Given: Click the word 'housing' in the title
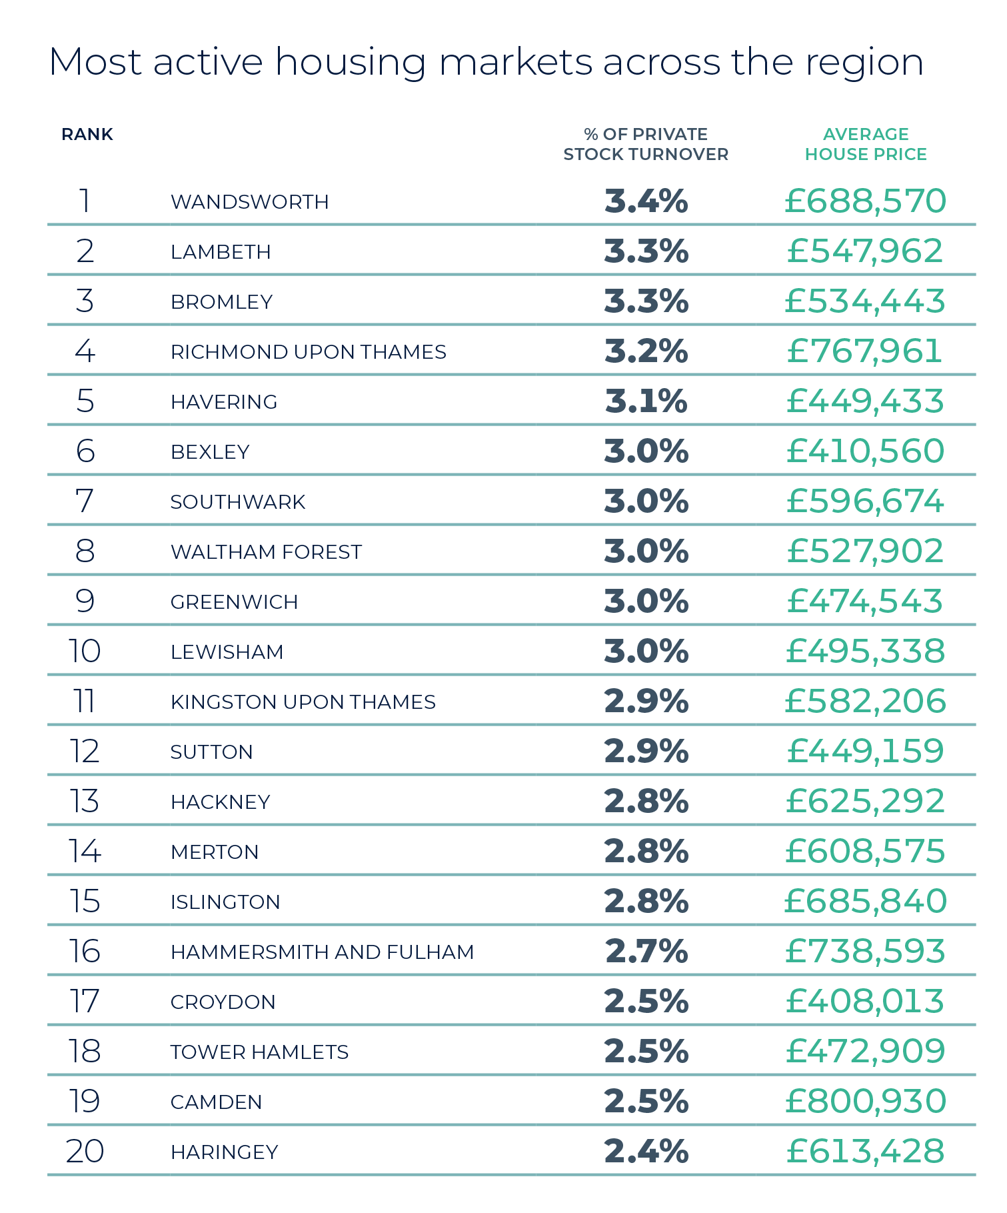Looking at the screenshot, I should tap(350, 64).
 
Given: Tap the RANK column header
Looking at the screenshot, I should tap(87, 135).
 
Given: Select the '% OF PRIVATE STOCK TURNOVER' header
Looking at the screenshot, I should tap(646, 144).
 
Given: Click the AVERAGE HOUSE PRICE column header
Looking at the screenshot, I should tap(865, 144).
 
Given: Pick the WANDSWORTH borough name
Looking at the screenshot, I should tap(250, 202).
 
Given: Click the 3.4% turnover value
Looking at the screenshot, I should tap(646, 201).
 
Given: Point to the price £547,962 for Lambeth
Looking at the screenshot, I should tap(865, 251).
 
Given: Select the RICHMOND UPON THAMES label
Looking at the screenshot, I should tap(308, 352).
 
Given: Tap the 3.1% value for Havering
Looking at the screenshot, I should tap(646, 401).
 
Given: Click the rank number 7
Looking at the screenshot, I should tap(85, 501).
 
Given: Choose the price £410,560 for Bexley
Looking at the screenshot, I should tap(865, 451).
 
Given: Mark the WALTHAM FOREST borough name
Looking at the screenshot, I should tap(266, 552).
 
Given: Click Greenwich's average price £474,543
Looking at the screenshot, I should tap(865, 601).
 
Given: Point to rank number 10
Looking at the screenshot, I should tap(85, 652).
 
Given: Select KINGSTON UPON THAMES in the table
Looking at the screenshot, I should tap(303, 702).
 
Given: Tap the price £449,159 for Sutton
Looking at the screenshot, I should tap(865, 752).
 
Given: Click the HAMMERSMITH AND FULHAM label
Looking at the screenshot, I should tap(322, 952).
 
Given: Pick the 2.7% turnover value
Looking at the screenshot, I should tap(646, 952).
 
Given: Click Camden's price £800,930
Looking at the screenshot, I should tap(865, 1102).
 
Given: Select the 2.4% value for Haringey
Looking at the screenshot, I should tap(646, 1152).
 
